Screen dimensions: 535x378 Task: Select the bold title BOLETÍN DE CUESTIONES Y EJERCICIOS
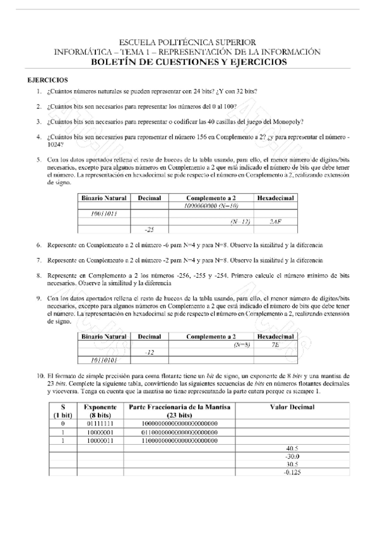(188, 62)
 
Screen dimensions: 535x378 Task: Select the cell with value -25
(149, 228)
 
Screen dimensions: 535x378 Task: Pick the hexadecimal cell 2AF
(275, 221)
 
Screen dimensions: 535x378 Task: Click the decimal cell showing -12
(149, 352)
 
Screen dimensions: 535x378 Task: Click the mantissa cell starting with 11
(179, 439)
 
